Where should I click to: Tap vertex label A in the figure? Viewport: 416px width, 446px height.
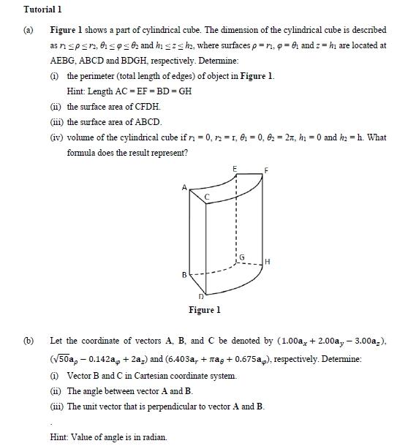coord(184,188)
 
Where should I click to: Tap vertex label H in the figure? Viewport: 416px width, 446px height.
coord(268,261)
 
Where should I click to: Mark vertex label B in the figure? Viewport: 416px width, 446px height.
coord(184,276)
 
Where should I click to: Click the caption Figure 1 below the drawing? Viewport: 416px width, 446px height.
coord(205,310)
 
